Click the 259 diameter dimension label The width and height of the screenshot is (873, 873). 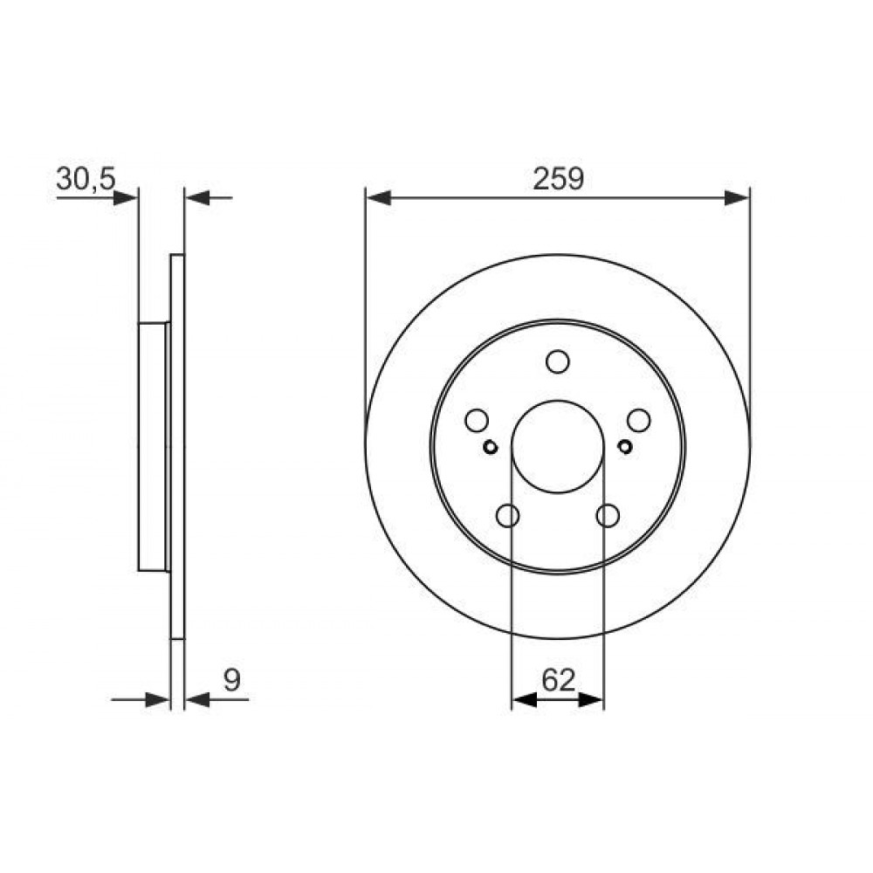click(558, 179)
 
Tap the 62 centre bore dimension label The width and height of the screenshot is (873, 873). click(558, 679)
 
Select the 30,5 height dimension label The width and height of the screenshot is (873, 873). click(86, 179)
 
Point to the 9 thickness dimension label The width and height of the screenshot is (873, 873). click(231, 679)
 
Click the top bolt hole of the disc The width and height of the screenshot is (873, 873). click(557, 361)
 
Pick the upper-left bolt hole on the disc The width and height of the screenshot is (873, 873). click(477, 421)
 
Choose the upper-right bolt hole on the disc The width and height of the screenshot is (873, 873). click(639, 421)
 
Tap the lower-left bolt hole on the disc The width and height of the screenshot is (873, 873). click(507, 516)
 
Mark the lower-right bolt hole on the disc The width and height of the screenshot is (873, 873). click(608, 516)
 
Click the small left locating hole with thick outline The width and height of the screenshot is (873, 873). click(490, 446)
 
